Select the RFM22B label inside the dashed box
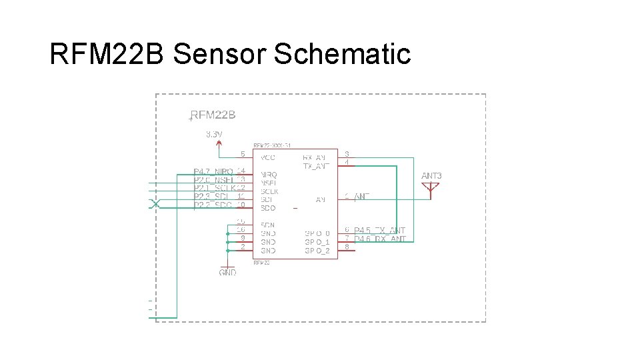coord(213,115)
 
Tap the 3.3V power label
coord(214,134)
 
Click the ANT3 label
coord(431,176)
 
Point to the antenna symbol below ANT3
coord(431,189)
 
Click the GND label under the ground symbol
coord(227,273)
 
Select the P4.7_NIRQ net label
coord(213,171)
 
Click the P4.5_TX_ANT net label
coord(379,231)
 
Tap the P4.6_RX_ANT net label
coord(379,239)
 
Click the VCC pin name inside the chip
coord(268,158)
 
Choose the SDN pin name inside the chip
coord(267,225)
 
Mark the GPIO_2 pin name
coord(317,251)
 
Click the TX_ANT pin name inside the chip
coord(316,166)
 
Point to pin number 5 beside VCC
coord(243,154)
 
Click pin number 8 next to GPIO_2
coord(347,247)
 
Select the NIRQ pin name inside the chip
coord(269,175)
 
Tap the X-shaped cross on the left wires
coord(155,203)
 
